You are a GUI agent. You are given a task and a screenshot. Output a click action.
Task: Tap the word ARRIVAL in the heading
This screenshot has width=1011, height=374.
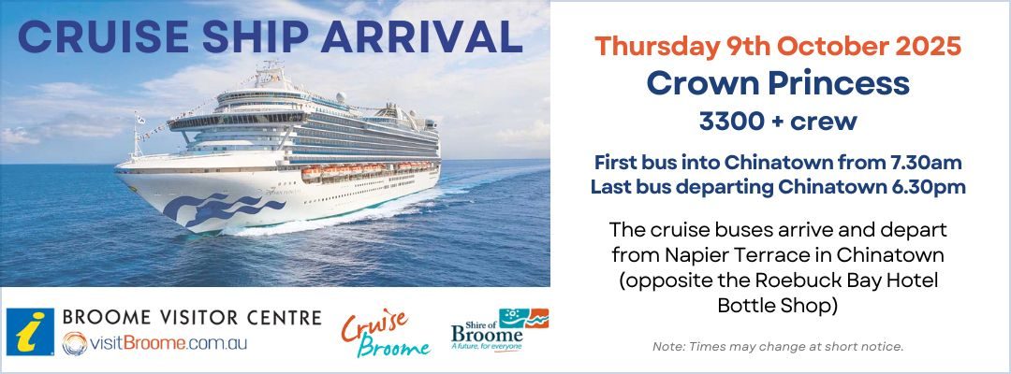coord(421,37)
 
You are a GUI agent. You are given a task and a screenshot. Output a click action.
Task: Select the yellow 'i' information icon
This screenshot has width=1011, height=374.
coord(30,332)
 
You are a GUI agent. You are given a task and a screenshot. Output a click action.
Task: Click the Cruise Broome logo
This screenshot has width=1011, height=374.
coord(385,334)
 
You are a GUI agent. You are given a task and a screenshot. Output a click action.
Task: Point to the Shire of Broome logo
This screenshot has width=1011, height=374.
coord(500,330)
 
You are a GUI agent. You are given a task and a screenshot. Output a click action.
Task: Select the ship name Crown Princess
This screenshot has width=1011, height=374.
coord(778,83)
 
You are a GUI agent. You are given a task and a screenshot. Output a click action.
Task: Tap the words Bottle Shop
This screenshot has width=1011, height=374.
coord(778,305)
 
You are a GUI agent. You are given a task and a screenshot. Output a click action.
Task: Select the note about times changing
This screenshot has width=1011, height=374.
coord(778,346)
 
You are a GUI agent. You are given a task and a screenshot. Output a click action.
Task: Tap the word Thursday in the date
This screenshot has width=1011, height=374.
coord(654,47)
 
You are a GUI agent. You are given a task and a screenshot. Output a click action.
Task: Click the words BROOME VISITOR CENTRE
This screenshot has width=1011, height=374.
coord(192,317)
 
